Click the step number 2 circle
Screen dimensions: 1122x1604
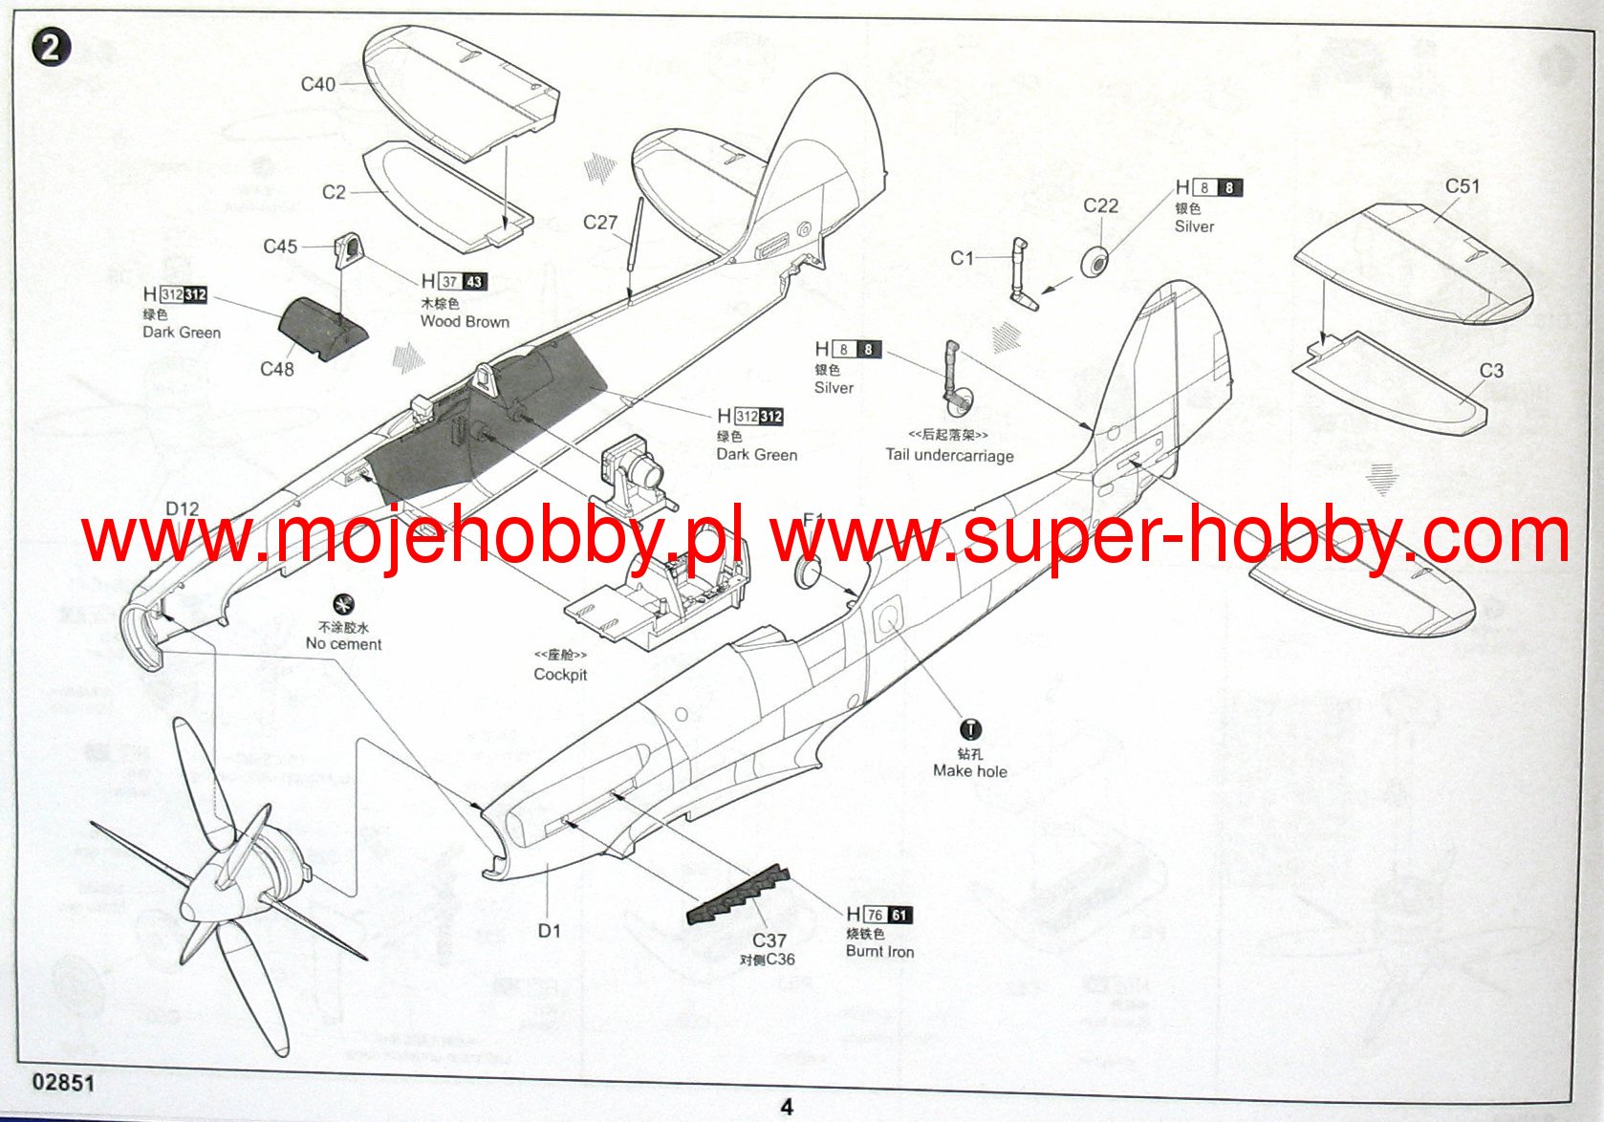51,48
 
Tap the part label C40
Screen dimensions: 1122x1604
317,84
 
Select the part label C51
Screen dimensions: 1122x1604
1462,186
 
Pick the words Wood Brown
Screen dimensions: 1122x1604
465,322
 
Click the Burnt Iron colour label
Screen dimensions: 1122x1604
879,952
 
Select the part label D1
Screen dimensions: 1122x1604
549,930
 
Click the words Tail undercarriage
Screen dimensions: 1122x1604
949,456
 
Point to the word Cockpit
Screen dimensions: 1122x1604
560,675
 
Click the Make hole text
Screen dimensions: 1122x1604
969,771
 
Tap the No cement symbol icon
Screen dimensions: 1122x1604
342,604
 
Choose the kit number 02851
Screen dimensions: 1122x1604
63,1082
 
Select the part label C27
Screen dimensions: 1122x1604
600,223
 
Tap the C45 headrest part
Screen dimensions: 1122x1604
348,249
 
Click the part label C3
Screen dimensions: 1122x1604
1491,371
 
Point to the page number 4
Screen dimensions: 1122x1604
787,1107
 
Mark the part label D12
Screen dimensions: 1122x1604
182,509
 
